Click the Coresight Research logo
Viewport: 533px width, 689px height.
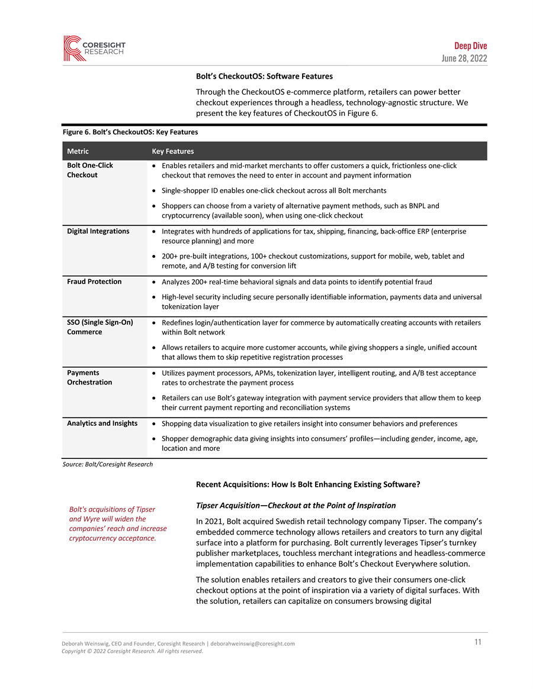coord(94,48)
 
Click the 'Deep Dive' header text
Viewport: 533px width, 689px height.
coord(470,46)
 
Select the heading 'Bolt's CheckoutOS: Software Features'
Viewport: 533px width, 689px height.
coord(264,76)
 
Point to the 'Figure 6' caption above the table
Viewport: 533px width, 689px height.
coord(130,132)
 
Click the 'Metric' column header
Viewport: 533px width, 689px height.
coord(78,151)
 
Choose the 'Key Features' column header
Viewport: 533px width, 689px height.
coord(172,151)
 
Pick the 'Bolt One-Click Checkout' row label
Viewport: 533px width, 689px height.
coord(90,170)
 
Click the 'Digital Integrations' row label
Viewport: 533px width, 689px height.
coord(98,231)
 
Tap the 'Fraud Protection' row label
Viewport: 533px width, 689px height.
coord(94,282)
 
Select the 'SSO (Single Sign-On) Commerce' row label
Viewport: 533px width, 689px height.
coord(99,327)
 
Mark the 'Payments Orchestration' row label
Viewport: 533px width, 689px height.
coord(89,377)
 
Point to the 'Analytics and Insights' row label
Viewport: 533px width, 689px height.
coord(102,423)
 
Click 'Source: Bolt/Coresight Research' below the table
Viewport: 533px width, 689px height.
coord(107,464)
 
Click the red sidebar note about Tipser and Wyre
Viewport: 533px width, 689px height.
coord(118,523)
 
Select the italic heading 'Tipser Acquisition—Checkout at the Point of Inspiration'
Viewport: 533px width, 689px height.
coord(296,506)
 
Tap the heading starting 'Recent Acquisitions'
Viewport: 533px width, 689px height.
coord(308,484)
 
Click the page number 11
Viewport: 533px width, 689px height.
coord(477,642)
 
